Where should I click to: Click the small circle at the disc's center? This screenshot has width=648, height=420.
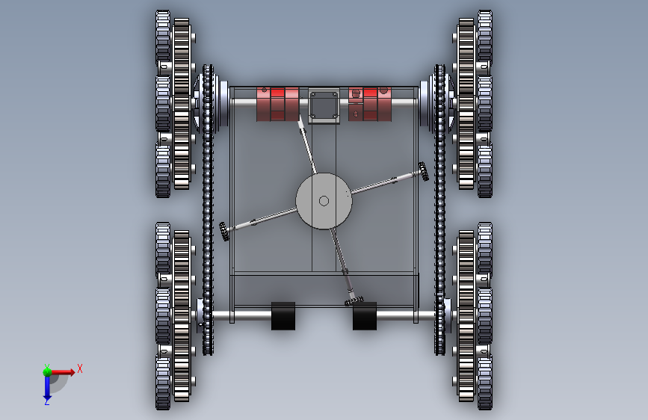pyautogui.click(x=324, y=201)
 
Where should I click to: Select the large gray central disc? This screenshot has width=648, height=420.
pyautogui.click(x=324, y=201)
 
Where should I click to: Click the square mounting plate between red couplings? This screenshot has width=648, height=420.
pyautogui.click(x=324, y=105)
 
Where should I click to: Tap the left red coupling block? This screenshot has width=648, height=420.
pyautogui.click(x=278, y=104)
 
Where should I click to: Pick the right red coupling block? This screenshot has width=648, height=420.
pyautogui.click(x=369, y=104)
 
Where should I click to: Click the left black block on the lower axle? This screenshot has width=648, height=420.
pyautogui.click(x=283, y=316)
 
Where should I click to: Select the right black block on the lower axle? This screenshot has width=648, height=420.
pyautogui.click(x=365, y=316)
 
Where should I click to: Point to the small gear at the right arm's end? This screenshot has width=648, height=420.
pyautogui.click(x=423, y=171)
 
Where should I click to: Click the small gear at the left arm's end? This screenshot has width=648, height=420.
pyautogui.click(x=224, y=231)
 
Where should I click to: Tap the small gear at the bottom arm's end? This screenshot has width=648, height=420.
pyautogui.click(x=354, y=301)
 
